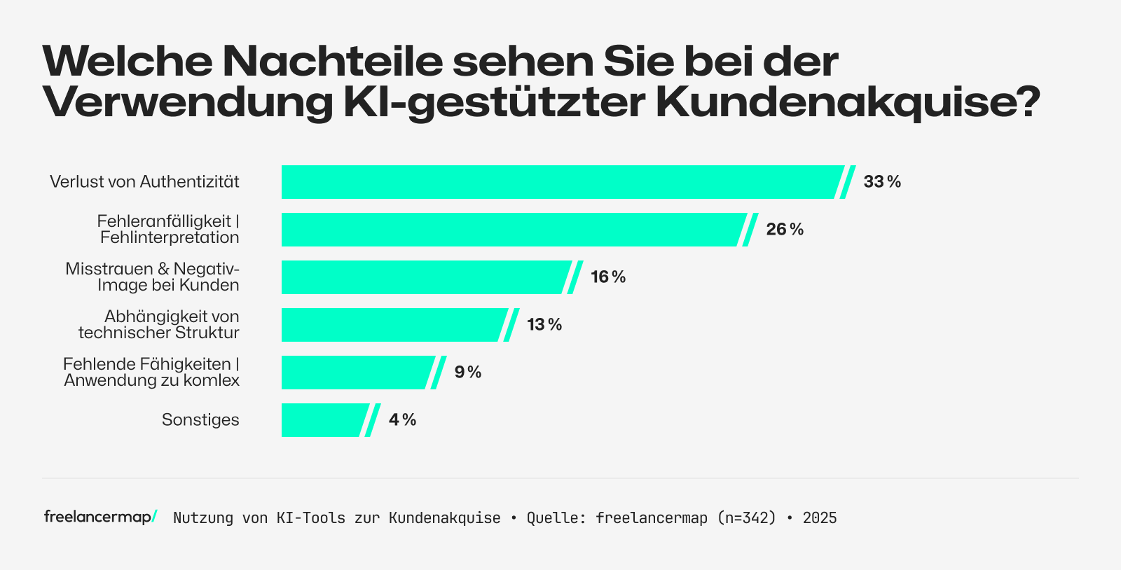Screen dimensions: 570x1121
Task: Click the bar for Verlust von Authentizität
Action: click(560, 182)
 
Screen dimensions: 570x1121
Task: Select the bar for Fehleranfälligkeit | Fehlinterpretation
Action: click(511, 230)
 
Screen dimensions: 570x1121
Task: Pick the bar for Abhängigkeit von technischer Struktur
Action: click(393, 325)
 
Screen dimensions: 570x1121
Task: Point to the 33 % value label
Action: click(882, 182)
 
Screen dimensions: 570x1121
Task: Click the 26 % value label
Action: click(785, 230)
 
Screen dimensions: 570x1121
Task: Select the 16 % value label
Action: click(608, 277)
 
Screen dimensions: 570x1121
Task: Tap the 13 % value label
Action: click(544, 325)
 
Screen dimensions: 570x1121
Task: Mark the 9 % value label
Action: click(468, 373)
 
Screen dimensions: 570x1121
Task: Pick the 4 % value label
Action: click(403, 420)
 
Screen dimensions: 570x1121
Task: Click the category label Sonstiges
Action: click(200, 420)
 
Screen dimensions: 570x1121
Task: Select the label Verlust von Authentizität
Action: click(144, 182)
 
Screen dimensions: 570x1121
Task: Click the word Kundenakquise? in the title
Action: click(848, 102)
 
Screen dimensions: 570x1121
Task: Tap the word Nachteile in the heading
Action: click(333, 62)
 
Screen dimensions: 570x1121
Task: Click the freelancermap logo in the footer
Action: click(100, 517)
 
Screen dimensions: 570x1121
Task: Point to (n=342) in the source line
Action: click(747, 518)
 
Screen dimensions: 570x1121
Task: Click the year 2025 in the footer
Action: click(820, 518)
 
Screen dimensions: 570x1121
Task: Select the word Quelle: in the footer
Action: click(556, 518)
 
